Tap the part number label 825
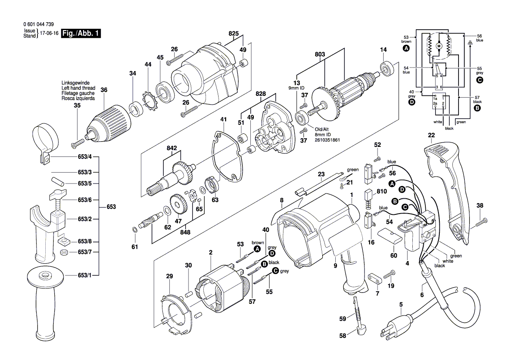(233, 34)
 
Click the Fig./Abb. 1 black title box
(81, 34)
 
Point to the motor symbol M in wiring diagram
(439, 46)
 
